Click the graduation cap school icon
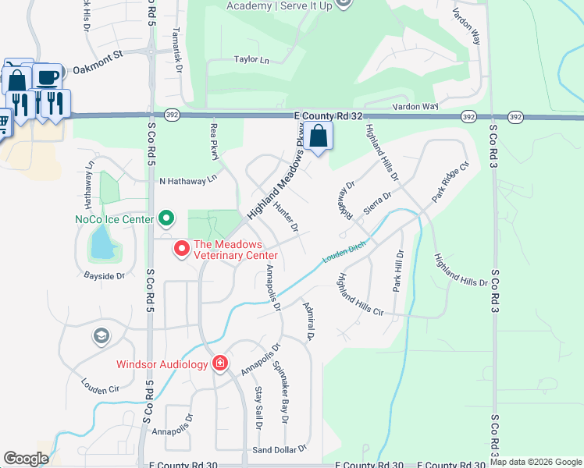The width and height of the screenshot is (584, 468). tap(100, 336)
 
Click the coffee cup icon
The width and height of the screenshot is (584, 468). tap(47, 77)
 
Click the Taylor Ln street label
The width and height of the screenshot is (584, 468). tap(251, 59)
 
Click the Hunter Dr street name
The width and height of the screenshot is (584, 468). tap(286, 217)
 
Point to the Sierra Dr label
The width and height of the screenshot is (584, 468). tap(376, 200)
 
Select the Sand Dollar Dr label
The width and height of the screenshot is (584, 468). tap(280, 449)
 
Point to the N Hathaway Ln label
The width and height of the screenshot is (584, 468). tap(187, 181)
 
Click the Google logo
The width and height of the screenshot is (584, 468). tap(27, 459)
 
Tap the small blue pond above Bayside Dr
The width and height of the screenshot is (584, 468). tap(101, 246)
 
